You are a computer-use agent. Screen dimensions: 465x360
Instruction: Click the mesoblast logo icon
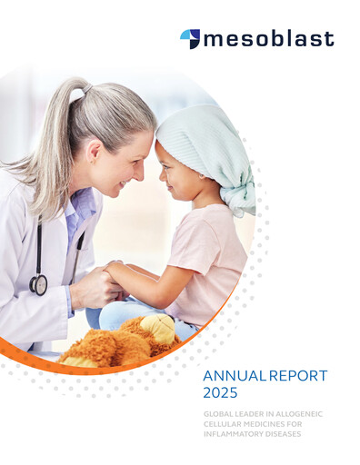[x=190, y=38]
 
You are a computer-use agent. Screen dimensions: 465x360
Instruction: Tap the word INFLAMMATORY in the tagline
[x=236, y=433]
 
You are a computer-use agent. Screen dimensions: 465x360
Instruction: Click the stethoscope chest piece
[x=38, y=284]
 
